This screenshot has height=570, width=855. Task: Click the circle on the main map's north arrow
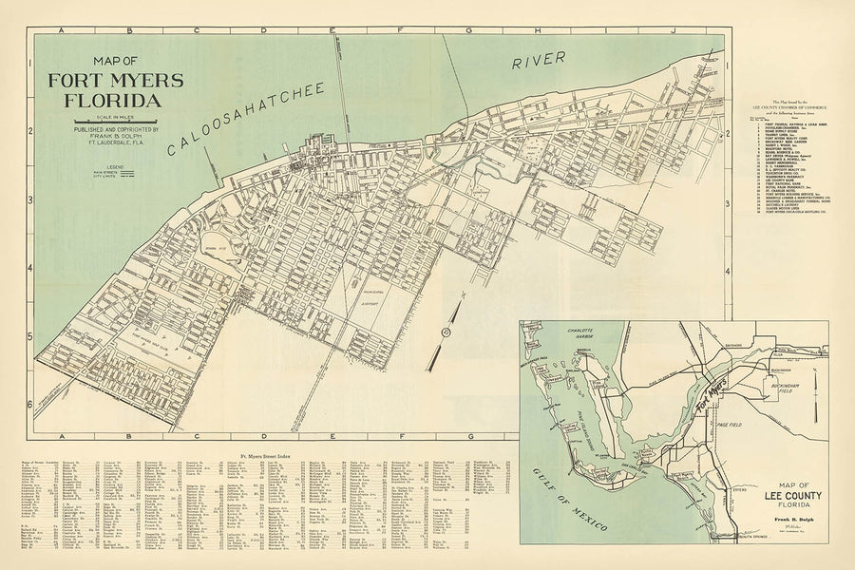(x=445, y=331)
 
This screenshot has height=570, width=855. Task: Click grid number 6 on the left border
(x=29, y=405)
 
